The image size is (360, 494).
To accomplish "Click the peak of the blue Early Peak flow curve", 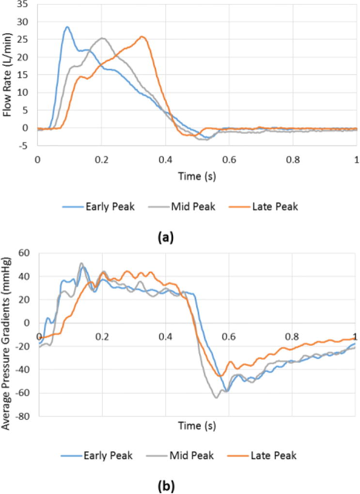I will pos(67,27).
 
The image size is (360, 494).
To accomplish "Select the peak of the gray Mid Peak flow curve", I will pos(102,38).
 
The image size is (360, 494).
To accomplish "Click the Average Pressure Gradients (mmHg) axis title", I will pos(9,334).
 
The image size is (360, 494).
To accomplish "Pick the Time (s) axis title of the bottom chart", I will pos(196,426).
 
